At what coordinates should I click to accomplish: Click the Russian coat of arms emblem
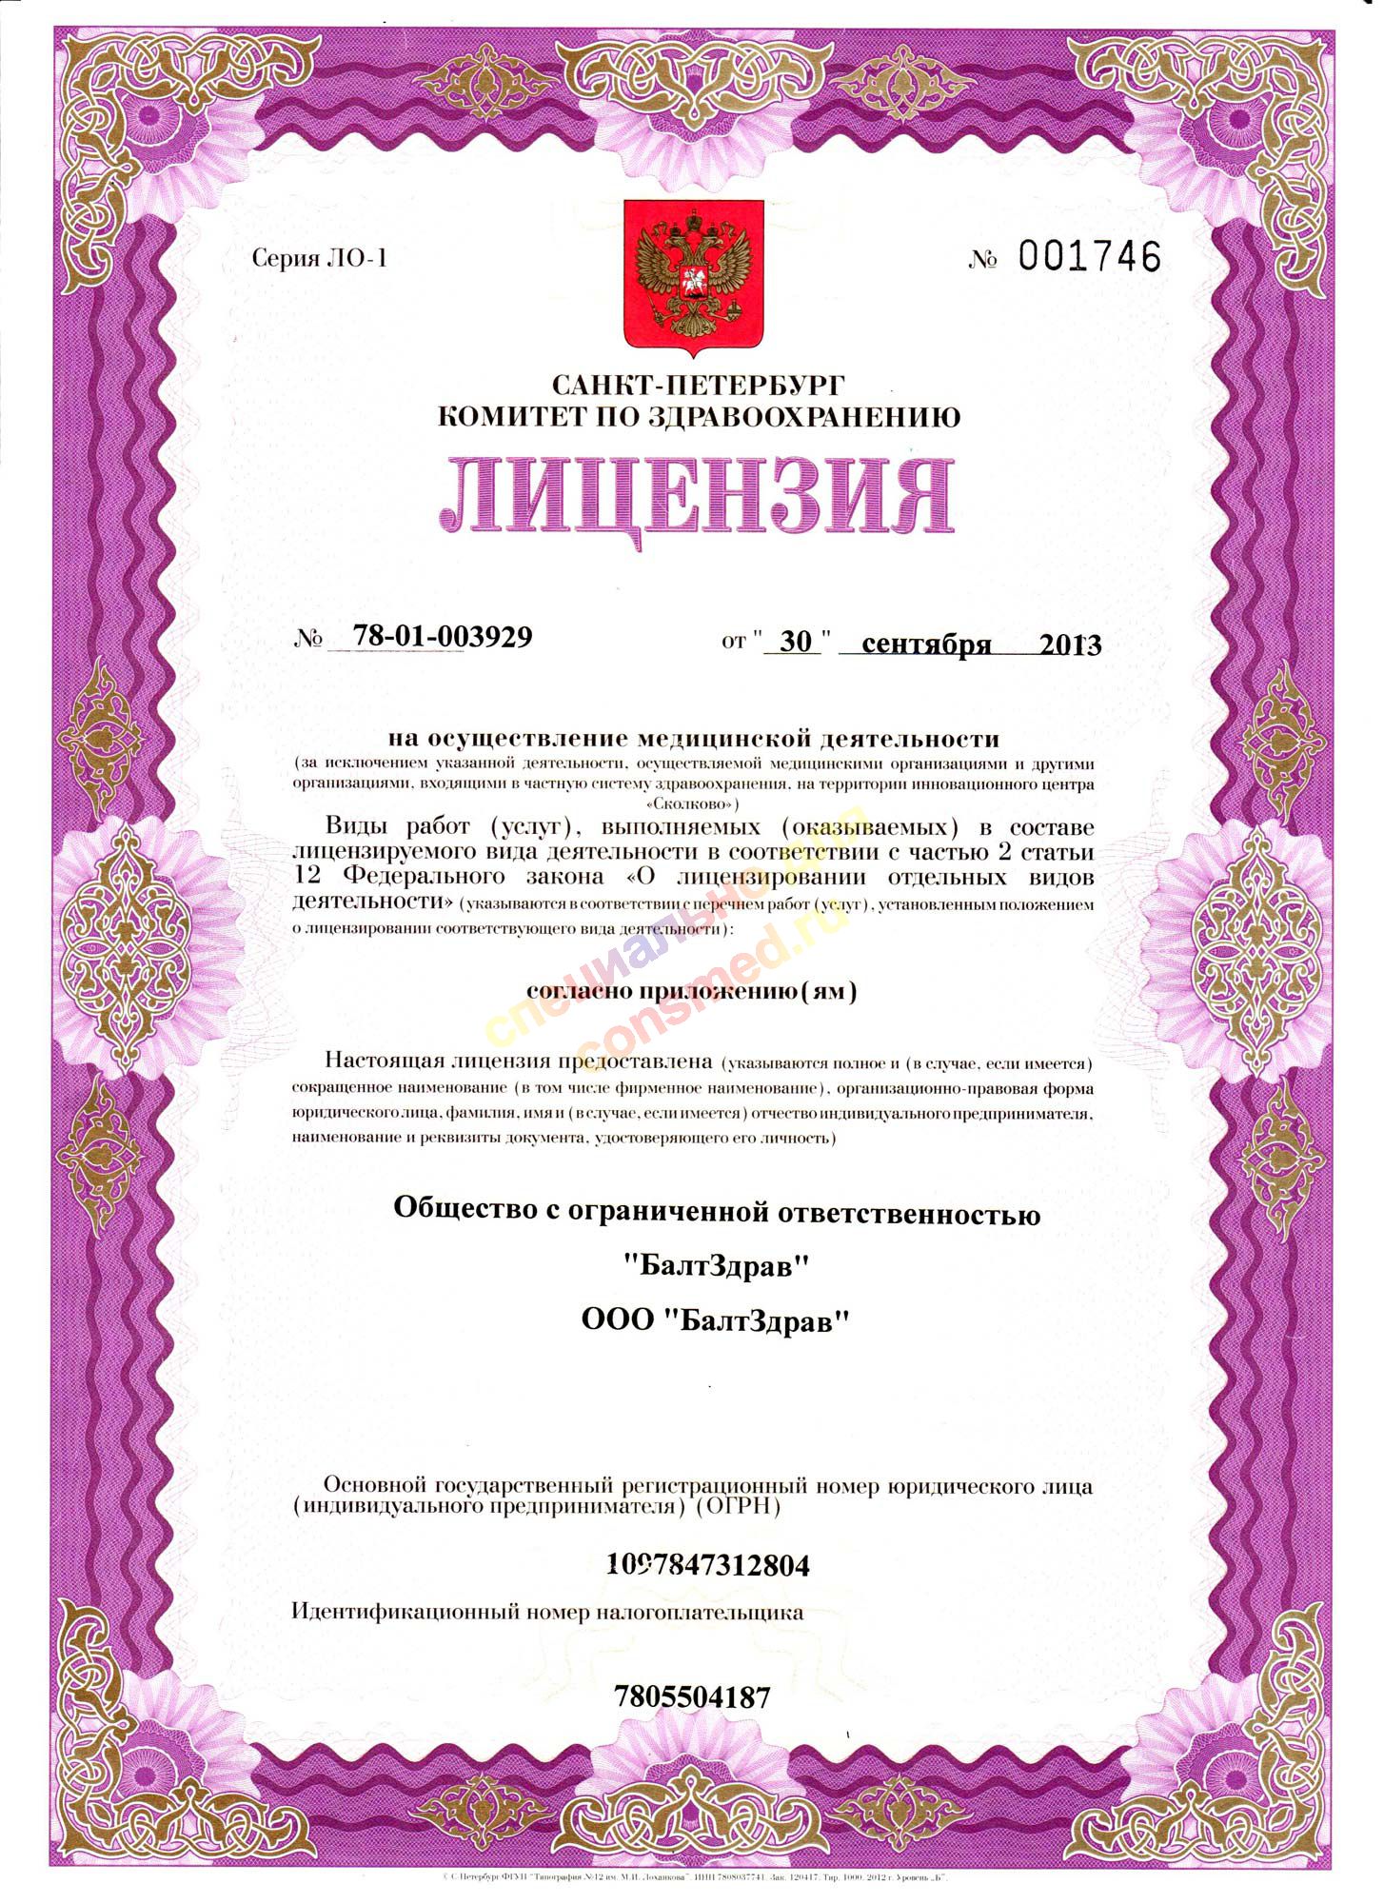[693, 275]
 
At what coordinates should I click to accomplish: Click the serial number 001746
[1090, 257]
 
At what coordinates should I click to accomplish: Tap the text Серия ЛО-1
[320, 258]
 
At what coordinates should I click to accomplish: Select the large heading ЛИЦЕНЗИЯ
[697, 495]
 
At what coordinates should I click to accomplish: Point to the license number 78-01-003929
[442, 637]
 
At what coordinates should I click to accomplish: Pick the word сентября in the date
[926, 645]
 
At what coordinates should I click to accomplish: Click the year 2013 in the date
[1070, 645]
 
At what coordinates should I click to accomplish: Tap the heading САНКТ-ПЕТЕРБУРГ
[698, 386]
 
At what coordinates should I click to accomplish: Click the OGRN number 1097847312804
[707, 1565]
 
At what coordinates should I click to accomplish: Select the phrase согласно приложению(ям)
[692, 992]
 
